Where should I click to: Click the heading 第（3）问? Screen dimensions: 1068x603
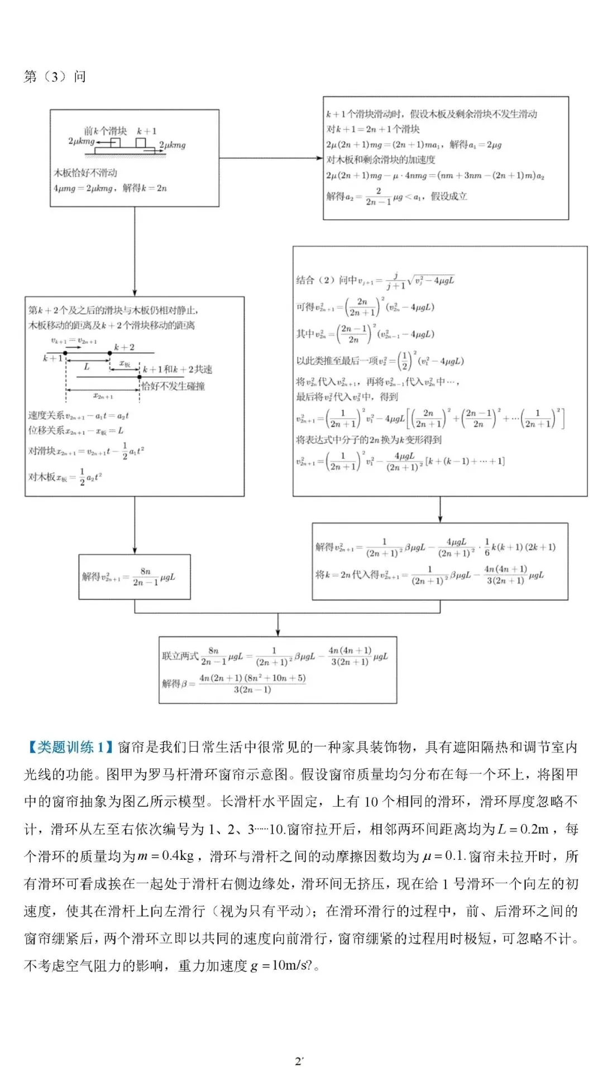(x=55, y=76)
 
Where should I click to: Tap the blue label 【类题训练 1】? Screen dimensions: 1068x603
(x=70, y=747)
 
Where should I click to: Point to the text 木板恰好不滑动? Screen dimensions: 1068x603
(x=85, y=172)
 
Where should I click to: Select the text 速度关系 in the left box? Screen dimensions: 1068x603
(x=46, y=415)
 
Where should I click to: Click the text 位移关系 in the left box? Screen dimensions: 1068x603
(x=46, y=430)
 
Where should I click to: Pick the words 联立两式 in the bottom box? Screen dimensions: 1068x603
(x=180, y=656)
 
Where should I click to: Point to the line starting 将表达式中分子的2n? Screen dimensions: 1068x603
(x=368, y=440)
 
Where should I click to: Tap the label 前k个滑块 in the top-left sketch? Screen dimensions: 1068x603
(x=105, y=131)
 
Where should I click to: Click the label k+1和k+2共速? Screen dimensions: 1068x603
(x=178, y=369)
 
